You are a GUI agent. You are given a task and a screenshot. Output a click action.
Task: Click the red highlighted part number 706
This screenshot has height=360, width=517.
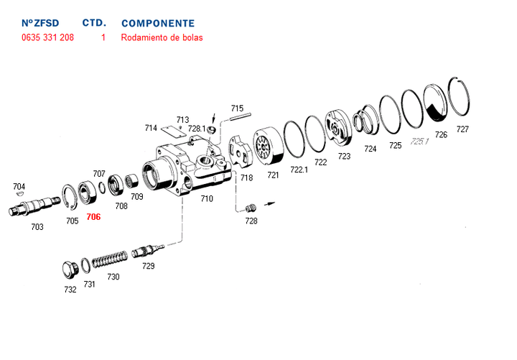coord(93,216)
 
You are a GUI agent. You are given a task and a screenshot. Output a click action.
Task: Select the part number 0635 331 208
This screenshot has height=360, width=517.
coord(47,37)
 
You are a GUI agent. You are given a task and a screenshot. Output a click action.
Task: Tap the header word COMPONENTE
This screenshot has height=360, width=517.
coord(158,24)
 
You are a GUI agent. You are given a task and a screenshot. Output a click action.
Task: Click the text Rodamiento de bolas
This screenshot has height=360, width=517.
coord(162,37)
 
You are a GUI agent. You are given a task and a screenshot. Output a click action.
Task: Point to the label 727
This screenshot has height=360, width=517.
coord(462,130)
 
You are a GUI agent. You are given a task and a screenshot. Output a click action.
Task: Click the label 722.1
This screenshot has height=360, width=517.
coord(299,170)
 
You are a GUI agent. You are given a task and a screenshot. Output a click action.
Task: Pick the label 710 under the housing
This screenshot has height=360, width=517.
coord(207,198)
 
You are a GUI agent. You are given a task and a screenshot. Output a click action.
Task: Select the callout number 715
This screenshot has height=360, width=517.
coord(237,109)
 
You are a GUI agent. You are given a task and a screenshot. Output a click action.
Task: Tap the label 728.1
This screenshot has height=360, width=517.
coord(197,129)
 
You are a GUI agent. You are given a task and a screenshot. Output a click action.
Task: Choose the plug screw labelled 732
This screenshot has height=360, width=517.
coord(69,270)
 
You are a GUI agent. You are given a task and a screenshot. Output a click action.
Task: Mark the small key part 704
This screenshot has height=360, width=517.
coord(19,193)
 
